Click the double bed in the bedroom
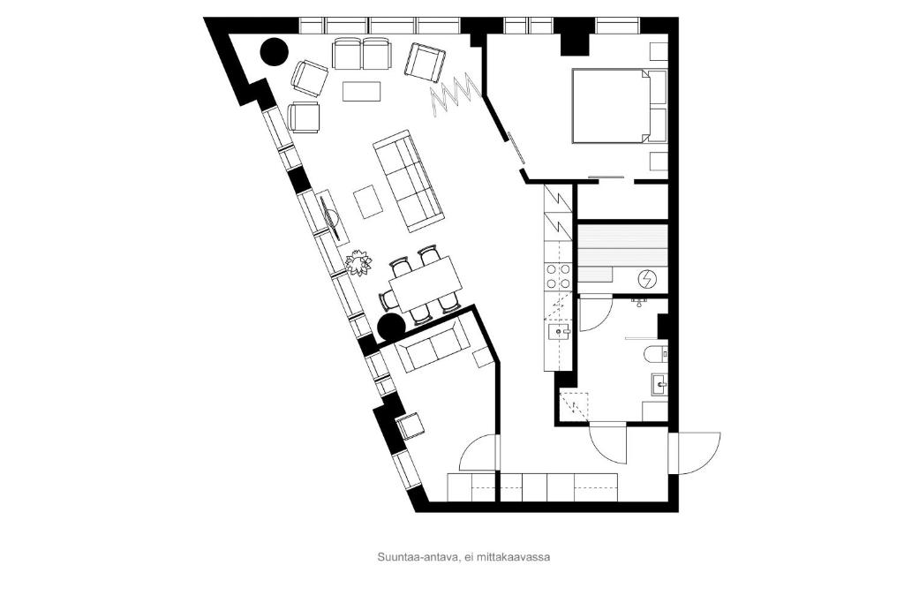point(611,106)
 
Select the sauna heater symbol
point(647,280)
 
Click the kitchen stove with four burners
point(558,276)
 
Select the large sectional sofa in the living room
point(409,181)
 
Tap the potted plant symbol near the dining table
point(358,263)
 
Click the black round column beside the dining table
point(391,328)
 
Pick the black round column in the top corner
point(274,52)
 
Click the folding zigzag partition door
point(456,95)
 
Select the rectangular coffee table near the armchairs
point(362,91)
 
